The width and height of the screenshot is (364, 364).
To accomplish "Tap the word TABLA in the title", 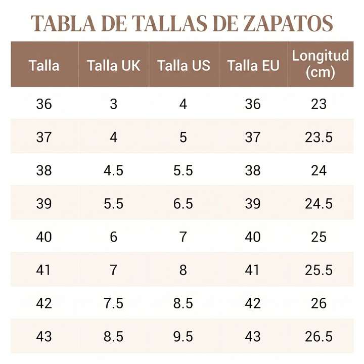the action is (63, 23).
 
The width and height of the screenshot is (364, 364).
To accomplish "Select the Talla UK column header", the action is (114, 65).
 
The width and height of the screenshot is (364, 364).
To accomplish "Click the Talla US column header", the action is (184, 65).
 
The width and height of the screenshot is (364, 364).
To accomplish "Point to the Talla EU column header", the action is (253, 65).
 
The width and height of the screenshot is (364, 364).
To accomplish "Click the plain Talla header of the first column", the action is (44, 65).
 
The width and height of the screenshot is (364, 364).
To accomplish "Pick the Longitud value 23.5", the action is (318, 137).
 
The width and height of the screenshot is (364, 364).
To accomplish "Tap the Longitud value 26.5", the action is (318, 336).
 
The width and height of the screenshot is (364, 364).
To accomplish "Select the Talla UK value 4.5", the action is (113, 170).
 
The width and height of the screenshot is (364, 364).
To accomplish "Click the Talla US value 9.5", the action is (183, 336).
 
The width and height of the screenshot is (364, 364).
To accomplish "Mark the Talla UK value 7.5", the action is (113, 303).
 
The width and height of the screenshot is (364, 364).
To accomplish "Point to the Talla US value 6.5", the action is (183, 204).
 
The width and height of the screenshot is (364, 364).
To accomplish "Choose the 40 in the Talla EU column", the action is (253, 237).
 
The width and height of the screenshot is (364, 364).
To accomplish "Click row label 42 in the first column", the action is (44, 303).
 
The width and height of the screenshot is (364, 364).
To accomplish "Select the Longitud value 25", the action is (318, 237).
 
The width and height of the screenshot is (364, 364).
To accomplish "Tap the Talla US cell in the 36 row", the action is (183, 104).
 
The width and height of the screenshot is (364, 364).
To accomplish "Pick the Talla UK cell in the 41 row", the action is (113, 270).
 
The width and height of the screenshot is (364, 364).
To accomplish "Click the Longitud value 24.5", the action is (318, 204).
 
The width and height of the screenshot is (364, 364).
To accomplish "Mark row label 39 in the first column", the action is (44, 204).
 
